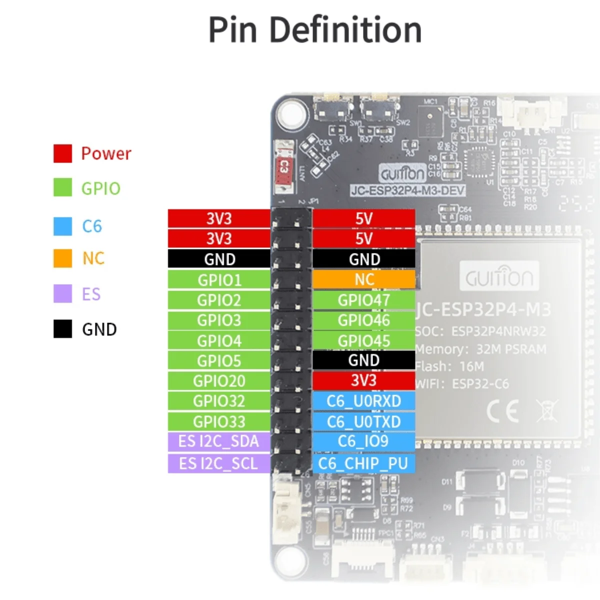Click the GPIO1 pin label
[x=219, y=279]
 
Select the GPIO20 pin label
[x=219, y=381]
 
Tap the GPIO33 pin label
[x=219, y=421]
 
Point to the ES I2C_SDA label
[x=218, y=441]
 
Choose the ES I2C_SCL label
[x=218, y=463]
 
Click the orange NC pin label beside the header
[x=364, y=279]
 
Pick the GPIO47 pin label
[x=364, y=300]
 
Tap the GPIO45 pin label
[x=364, y=340]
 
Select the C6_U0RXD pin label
[x=364, y=401]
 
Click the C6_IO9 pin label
[x=364, y=441]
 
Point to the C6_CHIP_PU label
[x=364, y=463]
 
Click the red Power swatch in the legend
[x=63, y=153]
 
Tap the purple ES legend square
[x=63, y=294]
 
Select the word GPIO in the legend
[x=101, y=188]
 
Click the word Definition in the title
[x=345, y=30]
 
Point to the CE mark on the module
[x=502, y=411]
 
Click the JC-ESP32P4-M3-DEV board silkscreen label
[x=408, y=190]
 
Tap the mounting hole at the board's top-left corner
[x=290, y=113]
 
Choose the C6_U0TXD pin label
[x=364, y=421]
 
